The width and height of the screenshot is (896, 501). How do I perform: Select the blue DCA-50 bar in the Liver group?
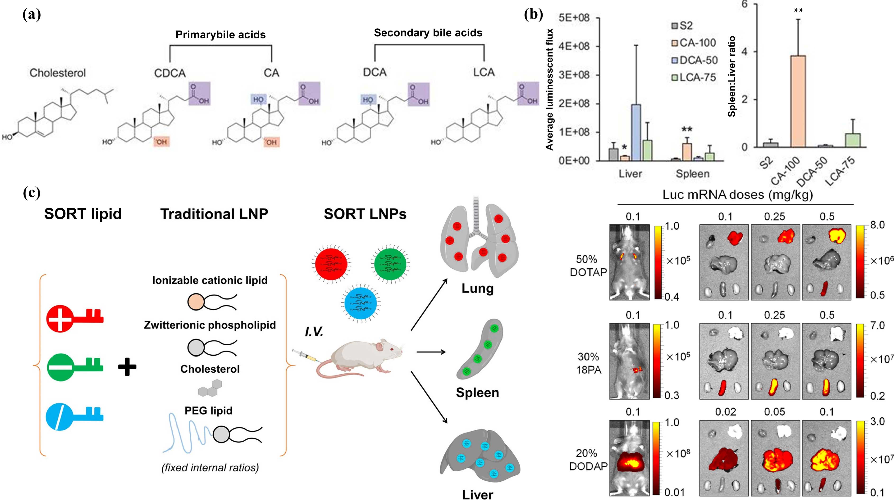coord(636,132)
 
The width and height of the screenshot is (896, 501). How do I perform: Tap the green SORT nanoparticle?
coord(390,263)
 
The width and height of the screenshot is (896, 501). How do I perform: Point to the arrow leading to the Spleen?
coord(431,352)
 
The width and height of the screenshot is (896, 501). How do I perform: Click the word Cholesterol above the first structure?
coord(57,73)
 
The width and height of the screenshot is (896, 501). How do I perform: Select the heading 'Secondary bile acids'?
coord(428,33)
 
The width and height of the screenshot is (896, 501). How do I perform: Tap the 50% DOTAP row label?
coord(588,266)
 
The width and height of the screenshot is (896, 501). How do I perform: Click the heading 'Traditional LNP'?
coord(214,214)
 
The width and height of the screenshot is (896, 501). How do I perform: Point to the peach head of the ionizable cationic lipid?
coord(196,302)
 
